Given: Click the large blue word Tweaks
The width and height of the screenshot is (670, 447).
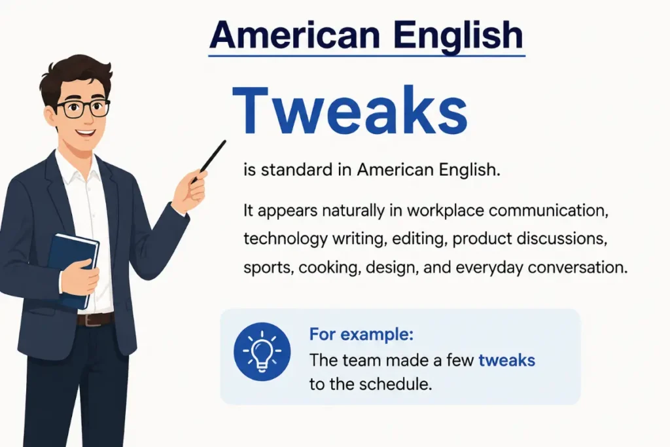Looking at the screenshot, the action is click(x=349, y=111).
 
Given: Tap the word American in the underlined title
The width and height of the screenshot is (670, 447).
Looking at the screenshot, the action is click(x=295, y=35).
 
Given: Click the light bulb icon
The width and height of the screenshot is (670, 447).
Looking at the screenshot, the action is click(x=262, y=351).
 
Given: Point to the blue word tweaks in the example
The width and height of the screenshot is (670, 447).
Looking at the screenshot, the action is click(x=507, y=360).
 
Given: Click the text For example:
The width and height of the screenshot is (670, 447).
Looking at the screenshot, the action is click(x=361, y=334).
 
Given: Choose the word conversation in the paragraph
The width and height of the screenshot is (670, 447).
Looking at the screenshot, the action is click(x=578, y=268).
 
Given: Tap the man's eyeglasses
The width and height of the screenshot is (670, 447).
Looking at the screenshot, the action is click(x=82, y=108).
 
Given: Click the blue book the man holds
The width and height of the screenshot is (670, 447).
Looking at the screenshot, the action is click(x=73, y=269).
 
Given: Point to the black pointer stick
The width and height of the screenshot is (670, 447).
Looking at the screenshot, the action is click(x=209, y=161).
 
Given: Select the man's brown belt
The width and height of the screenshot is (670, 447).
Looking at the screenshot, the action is click(x=96, y=319).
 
